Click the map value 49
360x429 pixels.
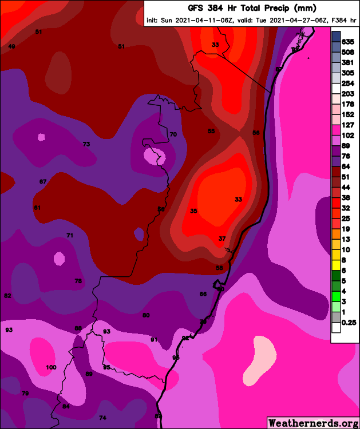pos(11,46)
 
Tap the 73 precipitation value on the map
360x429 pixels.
pos(86,144)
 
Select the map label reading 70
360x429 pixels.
pos(173,134)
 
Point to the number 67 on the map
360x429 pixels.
pos(43,181)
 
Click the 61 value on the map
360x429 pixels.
pos(37,207)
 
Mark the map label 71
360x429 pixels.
pos(70,235)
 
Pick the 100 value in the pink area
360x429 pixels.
pos(51,367)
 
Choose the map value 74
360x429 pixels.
pos(103,418)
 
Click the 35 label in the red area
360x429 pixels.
pos(194,211)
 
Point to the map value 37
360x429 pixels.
pos(223,239)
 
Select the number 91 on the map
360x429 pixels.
pos(154,340)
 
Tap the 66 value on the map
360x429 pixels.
pos(203,294)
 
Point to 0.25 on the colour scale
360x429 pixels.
pos(349,323)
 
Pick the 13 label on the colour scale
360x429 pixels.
pos(346,239)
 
